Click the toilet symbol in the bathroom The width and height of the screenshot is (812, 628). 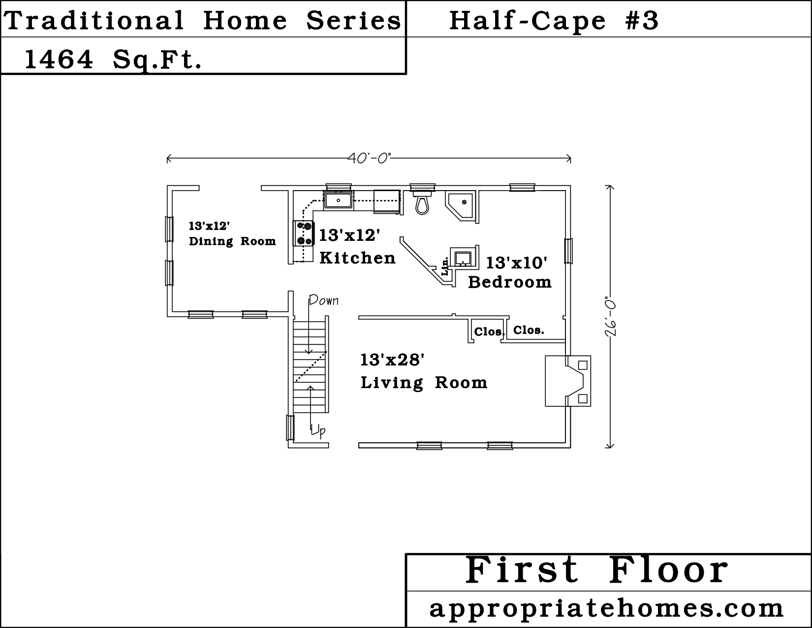(x=422, y=203)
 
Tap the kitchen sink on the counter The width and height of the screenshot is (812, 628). (x=338, y=200)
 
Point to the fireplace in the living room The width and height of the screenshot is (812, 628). (x=567, y=381)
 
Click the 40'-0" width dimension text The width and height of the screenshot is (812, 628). (x=369, y=158)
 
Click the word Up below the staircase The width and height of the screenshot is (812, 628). (x=318, y=430)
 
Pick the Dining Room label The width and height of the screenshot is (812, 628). (x=232, y=241)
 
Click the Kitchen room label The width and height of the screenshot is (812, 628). (x=357, y=258)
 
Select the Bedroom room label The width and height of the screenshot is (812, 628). (x=510, y=282)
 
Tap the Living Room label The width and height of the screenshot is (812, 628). (x=424, y=383)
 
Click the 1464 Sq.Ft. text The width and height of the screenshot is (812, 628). (x=113, y=60)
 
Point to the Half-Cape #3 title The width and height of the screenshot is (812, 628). (x=554, y=21)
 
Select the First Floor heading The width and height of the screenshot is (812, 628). (x=596, y=570)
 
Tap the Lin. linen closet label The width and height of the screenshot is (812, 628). (x=445, y=266)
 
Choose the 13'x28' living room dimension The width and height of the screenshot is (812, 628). (x=392, y=360)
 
